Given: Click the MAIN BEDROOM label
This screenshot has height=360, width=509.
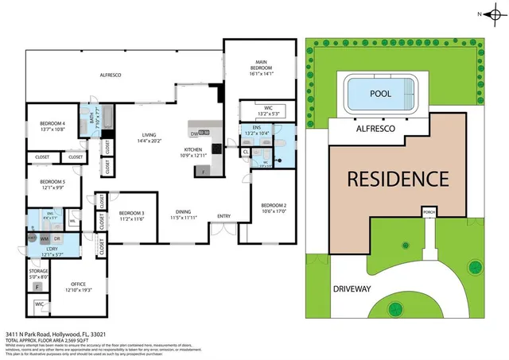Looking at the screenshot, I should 258,63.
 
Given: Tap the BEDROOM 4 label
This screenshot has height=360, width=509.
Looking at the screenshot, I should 52,123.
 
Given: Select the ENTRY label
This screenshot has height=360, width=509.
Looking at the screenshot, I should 223,215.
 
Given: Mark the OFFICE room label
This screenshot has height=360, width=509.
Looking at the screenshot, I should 78,284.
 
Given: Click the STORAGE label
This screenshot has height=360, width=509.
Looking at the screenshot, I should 38,272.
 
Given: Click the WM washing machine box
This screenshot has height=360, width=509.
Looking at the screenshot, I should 45,238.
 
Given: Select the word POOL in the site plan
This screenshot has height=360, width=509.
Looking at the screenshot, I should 381,93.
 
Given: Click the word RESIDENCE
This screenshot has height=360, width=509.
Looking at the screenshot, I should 398,179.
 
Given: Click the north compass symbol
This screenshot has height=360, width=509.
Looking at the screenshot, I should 491,14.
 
